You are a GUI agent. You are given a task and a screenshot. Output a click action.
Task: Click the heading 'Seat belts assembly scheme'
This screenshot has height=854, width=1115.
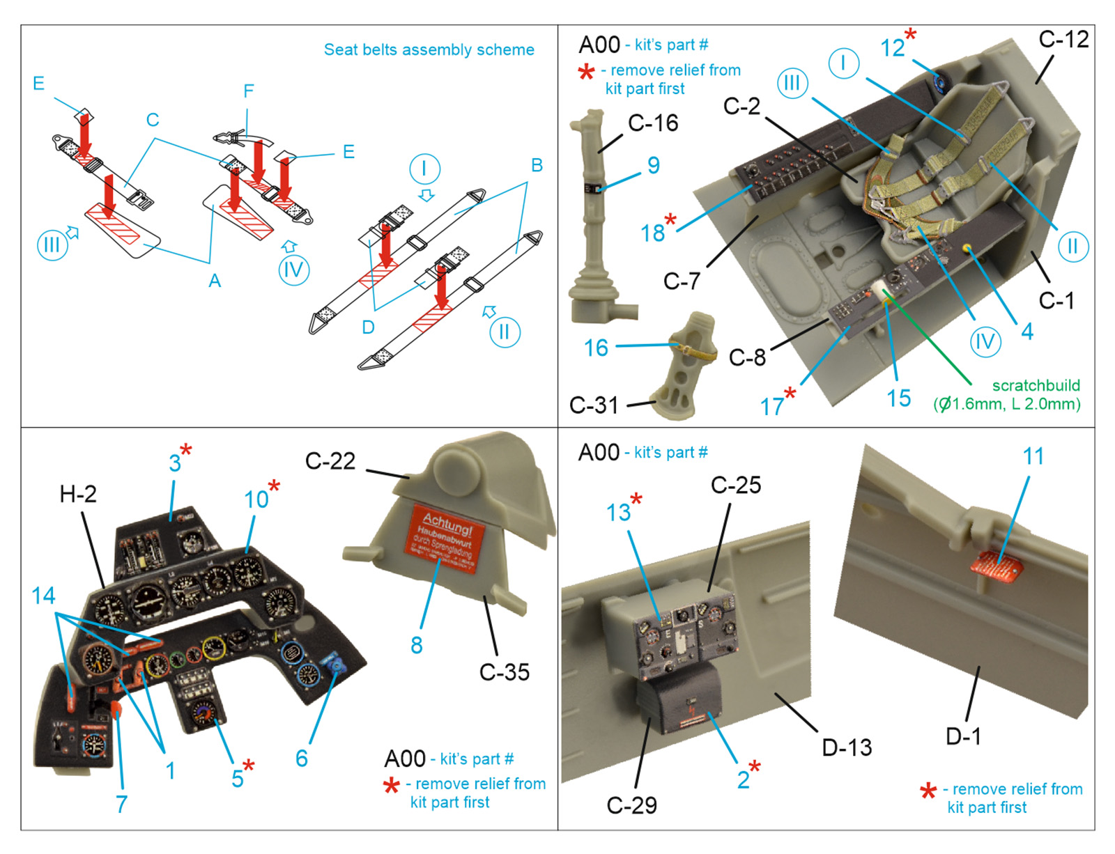(429, 50)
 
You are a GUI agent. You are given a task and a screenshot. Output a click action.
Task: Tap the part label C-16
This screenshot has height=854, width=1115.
(653, 123)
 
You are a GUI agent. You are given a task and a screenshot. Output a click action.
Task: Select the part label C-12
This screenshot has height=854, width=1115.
(1063, 40)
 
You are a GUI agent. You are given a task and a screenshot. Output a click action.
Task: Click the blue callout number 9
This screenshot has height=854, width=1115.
(653, 165)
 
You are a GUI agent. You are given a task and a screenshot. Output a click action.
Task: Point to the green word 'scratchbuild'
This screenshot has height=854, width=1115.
(1036, 385)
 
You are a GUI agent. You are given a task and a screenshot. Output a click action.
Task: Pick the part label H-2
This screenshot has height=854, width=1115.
(78, 494)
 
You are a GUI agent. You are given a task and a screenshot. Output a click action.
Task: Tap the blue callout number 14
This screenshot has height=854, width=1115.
(43, 596)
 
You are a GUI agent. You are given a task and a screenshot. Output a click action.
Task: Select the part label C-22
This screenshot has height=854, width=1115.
(330, 461)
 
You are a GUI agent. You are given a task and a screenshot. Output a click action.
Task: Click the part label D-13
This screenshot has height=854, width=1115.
(847, 747)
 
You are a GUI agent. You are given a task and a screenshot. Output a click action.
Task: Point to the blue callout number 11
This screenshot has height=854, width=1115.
(1033, 456)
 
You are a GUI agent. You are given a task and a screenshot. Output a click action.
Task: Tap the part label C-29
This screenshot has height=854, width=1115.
(631, 805)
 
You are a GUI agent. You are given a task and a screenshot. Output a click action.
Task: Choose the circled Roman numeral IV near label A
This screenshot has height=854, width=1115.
(293, 270)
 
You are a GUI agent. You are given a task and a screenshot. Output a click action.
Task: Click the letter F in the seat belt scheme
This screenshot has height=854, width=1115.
(249, 91)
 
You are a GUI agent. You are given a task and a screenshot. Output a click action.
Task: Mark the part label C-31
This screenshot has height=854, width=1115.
(594, 405)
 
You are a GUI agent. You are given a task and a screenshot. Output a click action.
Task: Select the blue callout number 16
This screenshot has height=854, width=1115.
(596, 348)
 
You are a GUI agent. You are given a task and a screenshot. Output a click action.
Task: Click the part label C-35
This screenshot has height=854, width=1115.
(504, 672)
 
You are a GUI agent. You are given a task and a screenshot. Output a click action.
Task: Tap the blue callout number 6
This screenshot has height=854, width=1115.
(301, 758)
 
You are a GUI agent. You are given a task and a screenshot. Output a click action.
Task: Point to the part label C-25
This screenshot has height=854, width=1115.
(736, 485)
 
